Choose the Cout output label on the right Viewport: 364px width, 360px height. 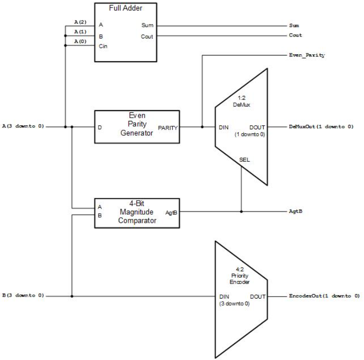(x=295, y=35)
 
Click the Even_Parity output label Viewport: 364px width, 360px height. (x=307, y=55)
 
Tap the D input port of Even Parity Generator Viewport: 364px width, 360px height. (x=100, y=127)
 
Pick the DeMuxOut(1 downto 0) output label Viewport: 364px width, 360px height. (x=321, y=127)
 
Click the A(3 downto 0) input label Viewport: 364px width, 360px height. (x=23, y=126)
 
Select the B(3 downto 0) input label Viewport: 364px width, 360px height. (x=23, y=296)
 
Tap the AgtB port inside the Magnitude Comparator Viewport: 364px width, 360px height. (x=171, y=212)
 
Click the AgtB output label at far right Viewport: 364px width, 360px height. (x=296, y=212)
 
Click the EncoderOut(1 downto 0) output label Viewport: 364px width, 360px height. (x=324, y=296)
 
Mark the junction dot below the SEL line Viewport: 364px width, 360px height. (x=241, y=211)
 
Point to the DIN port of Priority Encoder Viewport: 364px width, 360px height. (x=224, y=296)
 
